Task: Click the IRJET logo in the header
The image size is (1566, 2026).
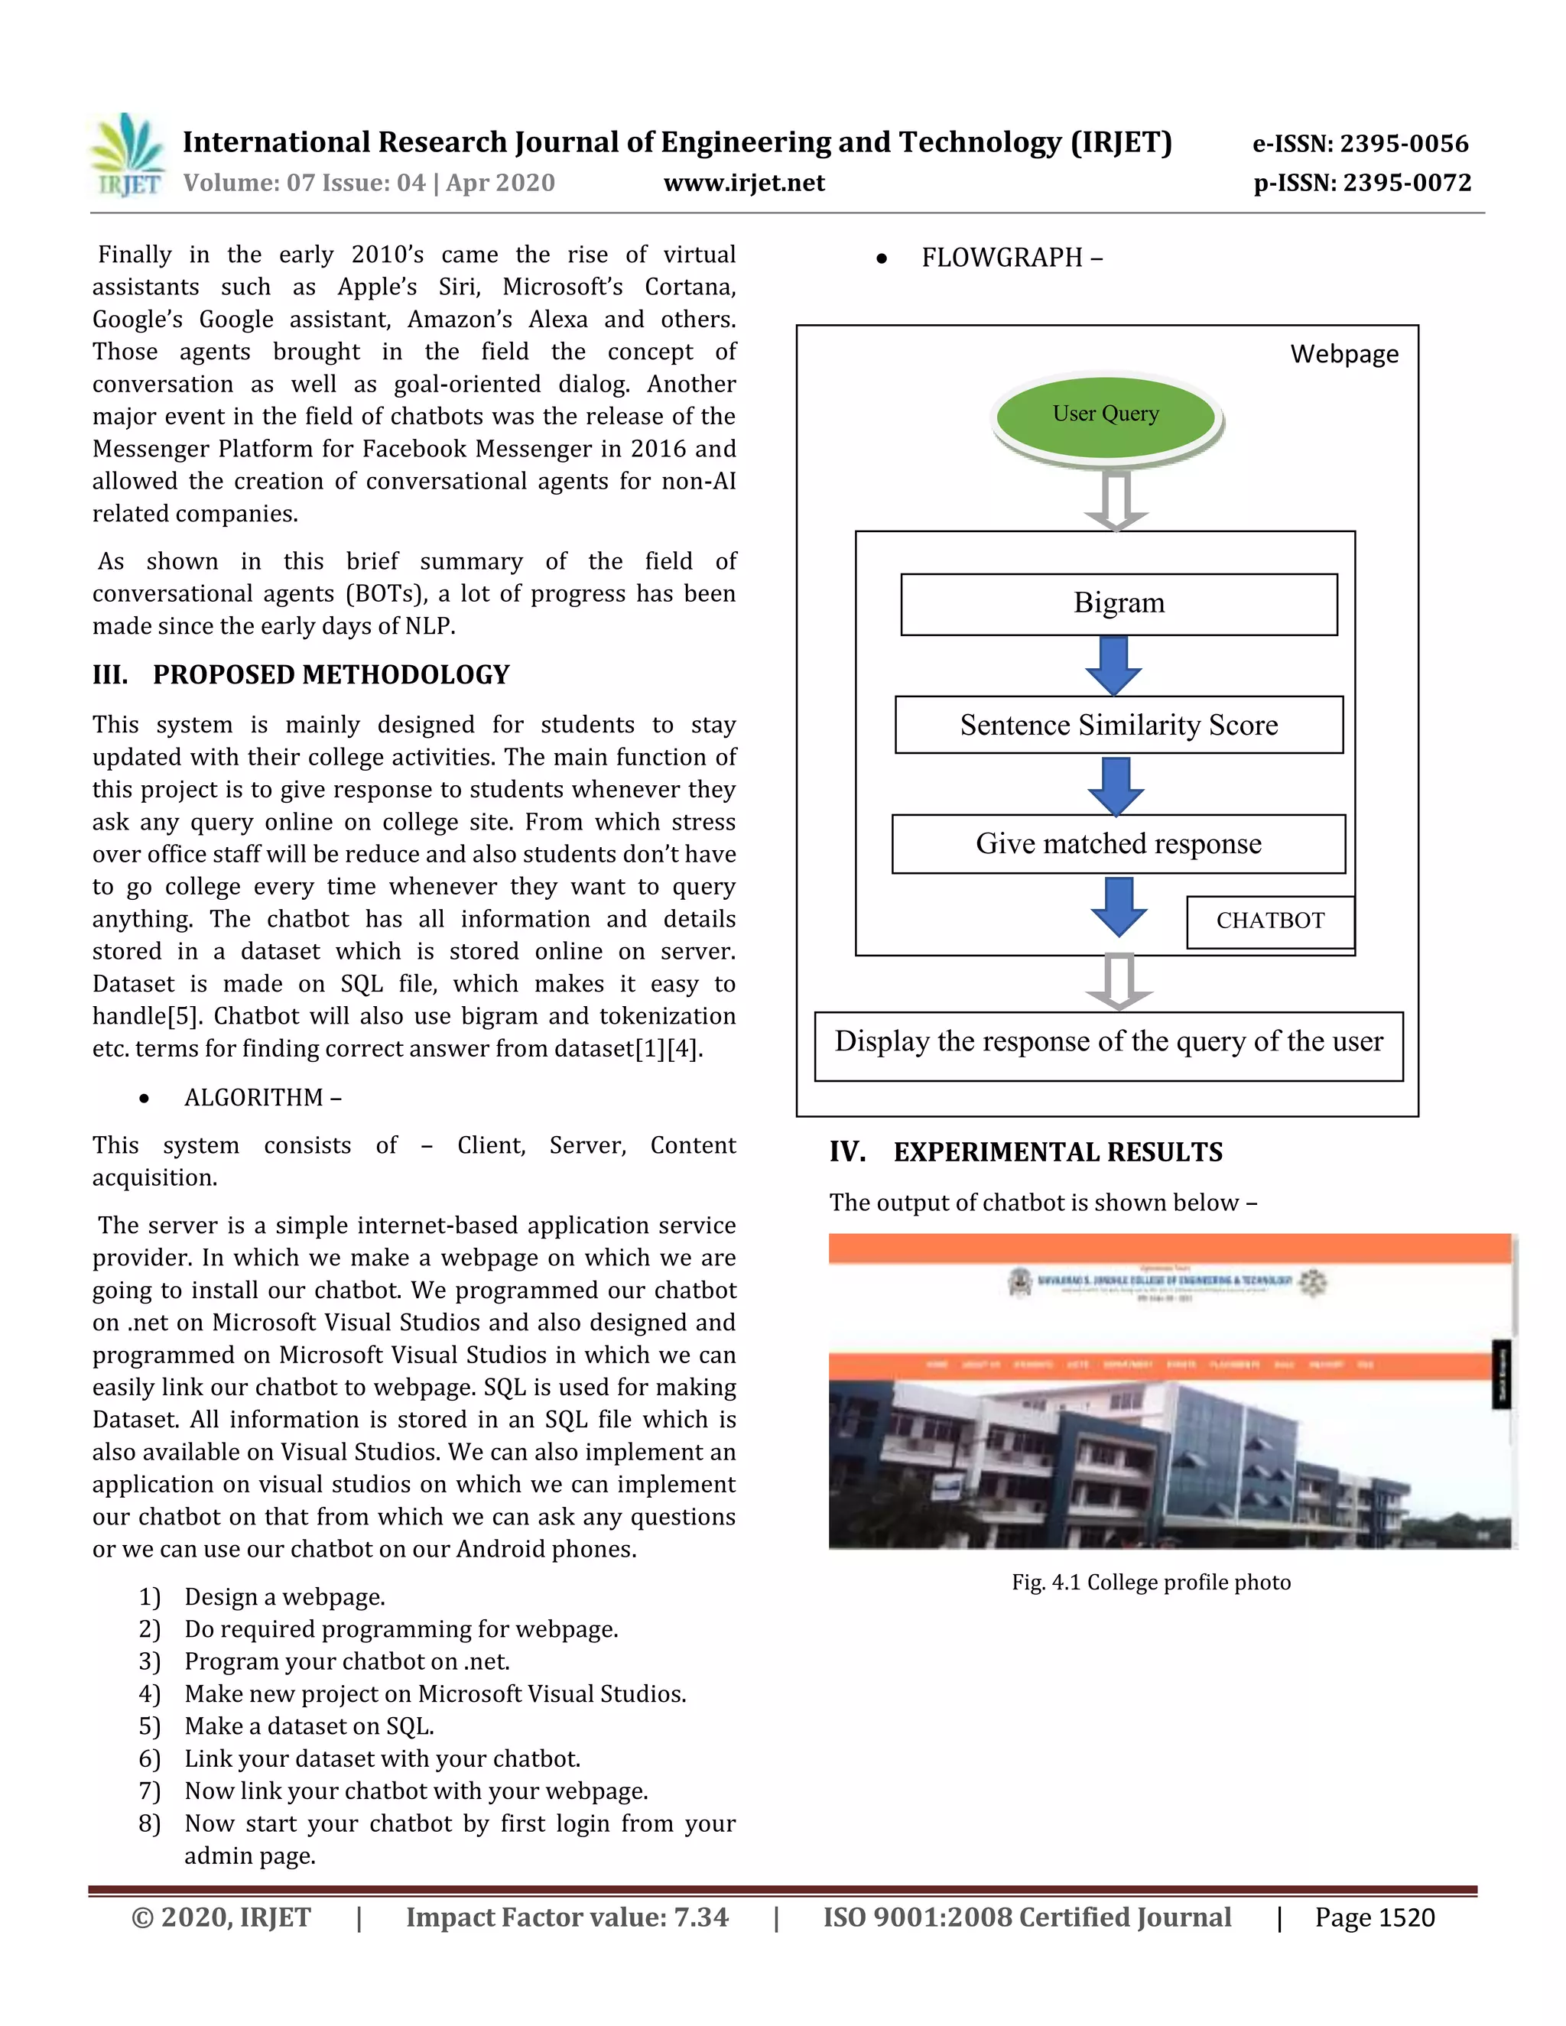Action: [128, 155]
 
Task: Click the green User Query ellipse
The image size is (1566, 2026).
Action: [1105, 414]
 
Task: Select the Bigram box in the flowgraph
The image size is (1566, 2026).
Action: [1119, 604]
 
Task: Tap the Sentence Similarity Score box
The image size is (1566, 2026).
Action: [1119, 726]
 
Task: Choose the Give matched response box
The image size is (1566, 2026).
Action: [1118, 844]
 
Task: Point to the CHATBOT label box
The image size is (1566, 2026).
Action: [1270, 921]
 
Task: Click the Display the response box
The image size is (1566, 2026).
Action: [1109, 1044]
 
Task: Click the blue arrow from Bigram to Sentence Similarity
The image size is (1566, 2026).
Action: [1113, 665]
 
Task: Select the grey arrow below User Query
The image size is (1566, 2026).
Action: [1116, 500]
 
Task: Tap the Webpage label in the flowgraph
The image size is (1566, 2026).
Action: [1343, 355]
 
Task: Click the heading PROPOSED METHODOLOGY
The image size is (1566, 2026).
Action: [331, 674]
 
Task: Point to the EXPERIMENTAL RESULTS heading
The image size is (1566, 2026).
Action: [1058, 1152]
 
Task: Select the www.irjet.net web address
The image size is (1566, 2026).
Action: [744, 183]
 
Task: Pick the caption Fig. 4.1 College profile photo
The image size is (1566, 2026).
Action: [1150, 1583]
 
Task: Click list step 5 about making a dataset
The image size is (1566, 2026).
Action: [309, 1726]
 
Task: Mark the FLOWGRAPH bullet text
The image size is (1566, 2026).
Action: [1011, 258]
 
